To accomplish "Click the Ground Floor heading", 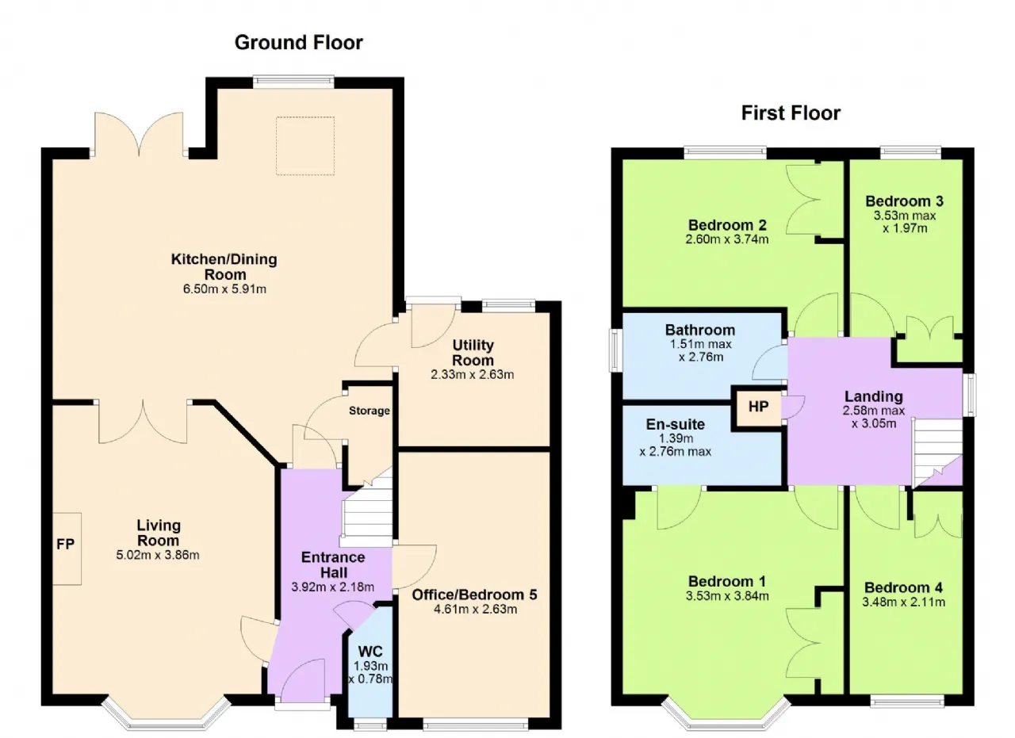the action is tap(299, 43).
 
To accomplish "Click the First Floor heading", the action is tap(791, 113).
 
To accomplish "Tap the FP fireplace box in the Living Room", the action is tap(67, 549).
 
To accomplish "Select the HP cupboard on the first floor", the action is tap(758, 407).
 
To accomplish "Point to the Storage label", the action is tap(370, 411).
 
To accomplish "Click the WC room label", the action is tap(370, 652).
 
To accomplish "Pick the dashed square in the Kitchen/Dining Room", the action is tap(305, 145).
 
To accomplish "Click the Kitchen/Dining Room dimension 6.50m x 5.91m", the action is tap(224, 289).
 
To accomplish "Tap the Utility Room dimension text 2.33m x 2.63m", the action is tap(472, 375).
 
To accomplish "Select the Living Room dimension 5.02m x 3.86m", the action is tap(158, 555).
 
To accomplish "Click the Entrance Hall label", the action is tap(334, 564).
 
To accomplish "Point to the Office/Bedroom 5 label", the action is tap(474, 595).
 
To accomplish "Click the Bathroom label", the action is tap(700, 330).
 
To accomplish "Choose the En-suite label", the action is tap(675, 424).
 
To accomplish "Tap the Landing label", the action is tap(874, 396).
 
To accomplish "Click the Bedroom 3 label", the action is tap(904, 201).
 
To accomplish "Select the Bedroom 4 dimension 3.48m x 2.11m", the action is tap(903, 602).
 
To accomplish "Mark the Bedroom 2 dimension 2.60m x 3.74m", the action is tap(727, 239).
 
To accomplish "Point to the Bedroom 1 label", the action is tap(727, 581).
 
